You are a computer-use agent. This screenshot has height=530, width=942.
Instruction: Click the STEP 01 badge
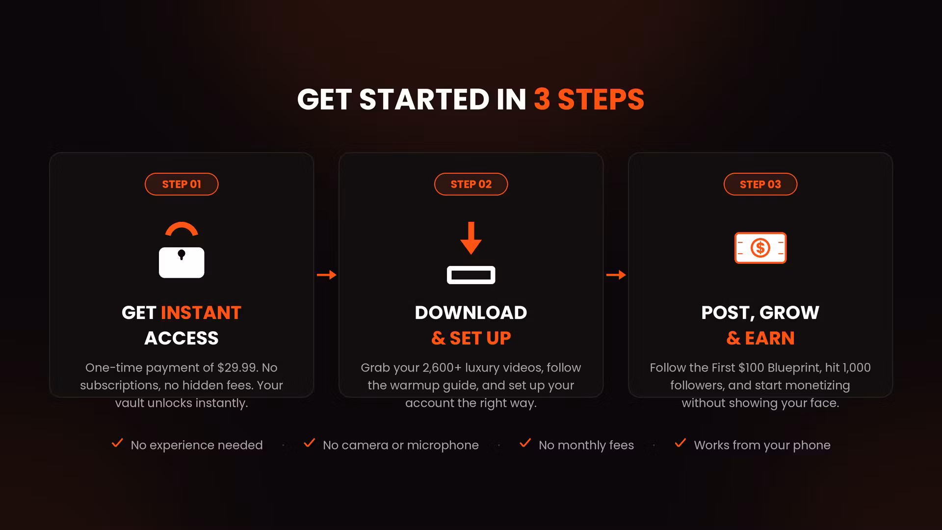click(x=182, y=184)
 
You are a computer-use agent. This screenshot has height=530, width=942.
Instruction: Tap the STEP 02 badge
click(x=471, y=184)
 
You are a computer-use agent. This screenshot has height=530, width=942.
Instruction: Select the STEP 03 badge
click(x=760, y=184)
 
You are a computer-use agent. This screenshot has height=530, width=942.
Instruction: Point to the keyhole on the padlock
click(x=182, y=255)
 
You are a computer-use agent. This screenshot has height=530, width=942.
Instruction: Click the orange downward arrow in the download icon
click(x=471, y=238)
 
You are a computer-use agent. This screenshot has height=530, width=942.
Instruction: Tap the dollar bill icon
click(x=760, y=248)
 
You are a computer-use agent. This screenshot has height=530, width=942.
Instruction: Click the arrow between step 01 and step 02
click(x=327, y=275)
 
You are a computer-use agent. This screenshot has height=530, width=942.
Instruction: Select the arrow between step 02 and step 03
click(x=616, y=275)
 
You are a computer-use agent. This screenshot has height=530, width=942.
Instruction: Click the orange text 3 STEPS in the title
click(x=589, y=100)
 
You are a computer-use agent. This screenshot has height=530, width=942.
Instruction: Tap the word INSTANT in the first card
click(x=201, y=313)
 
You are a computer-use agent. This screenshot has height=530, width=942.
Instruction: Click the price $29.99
click(x=237, y=368)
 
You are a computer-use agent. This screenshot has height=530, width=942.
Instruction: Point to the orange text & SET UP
click(x=471, y=338)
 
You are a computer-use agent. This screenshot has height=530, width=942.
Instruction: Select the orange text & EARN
click(x=760, y=338)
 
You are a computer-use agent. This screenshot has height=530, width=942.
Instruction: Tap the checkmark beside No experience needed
click(x=117, y=443)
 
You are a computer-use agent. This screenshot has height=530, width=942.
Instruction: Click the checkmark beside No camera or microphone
click(x=309, y=443)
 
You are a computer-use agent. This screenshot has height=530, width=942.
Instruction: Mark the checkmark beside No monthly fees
click(x=525, y=443)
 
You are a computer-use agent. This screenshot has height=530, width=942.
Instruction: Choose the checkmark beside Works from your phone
click(x=680, y=443)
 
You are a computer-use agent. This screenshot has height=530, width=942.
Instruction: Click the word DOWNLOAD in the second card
click(x=471, y=313)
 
